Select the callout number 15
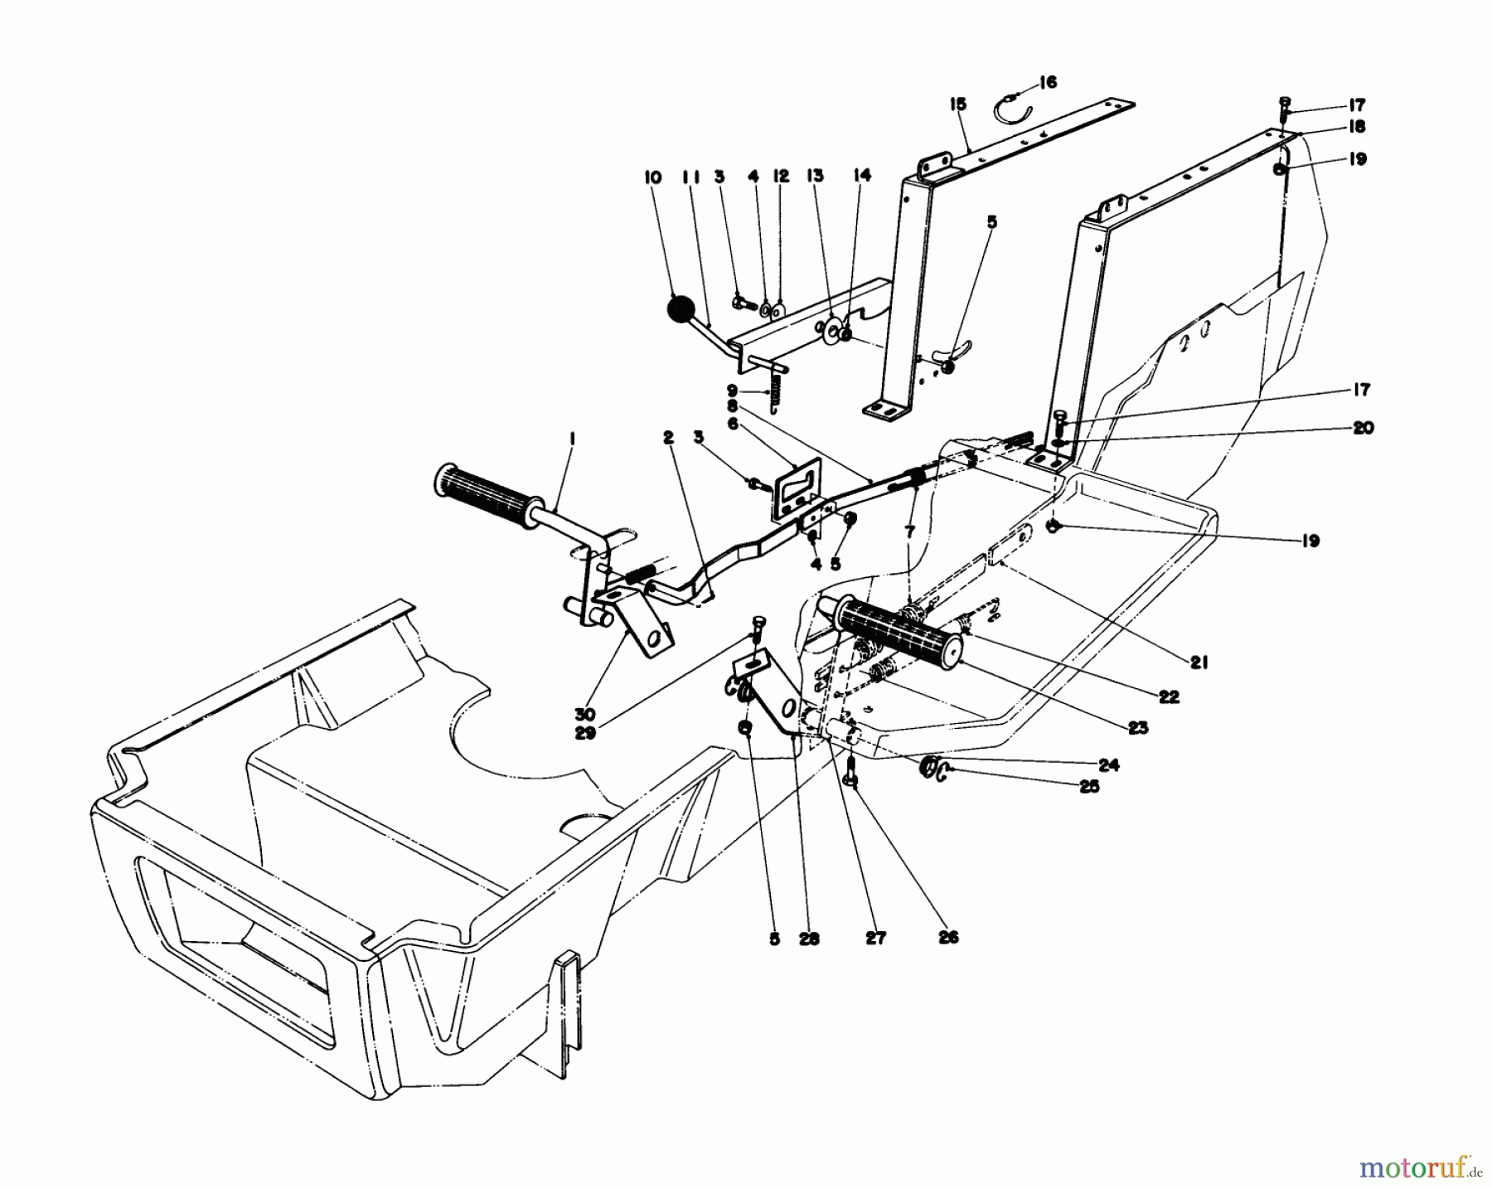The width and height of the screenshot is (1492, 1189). click(x=958, y=104)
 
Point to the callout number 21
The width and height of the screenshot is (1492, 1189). click(x=1199, y=662)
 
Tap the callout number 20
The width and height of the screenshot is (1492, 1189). click(x=1362, y=428)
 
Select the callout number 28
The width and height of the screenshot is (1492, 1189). click(x=809, y=939)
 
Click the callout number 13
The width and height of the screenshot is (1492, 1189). click(x=814, y=176)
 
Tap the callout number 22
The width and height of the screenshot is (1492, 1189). click(x=1168, y=697)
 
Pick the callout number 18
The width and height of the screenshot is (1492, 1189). click(x=1356, y=127)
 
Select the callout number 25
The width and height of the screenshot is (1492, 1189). click(x=1088, y=786)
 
